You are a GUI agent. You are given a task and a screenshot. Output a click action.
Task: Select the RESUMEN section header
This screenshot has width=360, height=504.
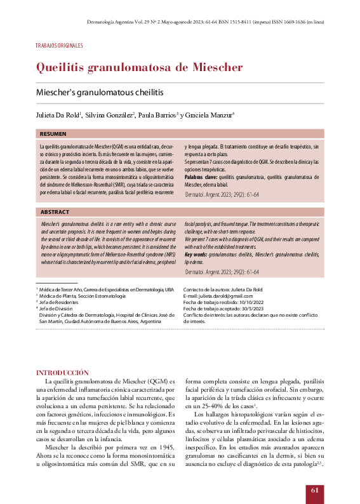pos(53,134)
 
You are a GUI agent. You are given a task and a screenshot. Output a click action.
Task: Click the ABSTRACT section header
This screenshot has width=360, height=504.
pos(55,211)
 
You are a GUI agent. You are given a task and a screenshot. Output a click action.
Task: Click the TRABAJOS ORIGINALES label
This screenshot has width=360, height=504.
pos(59,46)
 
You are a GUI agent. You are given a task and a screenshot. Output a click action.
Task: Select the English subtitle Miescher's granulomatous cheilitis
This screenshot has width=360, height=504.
pos(100,93)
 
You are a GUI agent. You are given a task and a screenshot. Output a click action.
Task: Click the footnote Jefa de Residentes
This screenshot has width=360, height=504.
pos(61,303)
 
